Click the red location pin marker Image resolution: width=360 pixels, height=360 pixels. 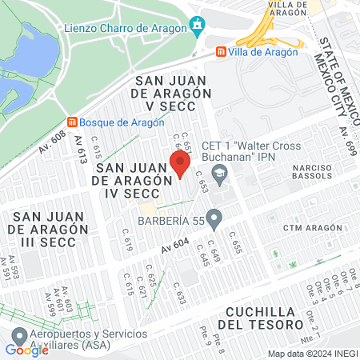point(180,166)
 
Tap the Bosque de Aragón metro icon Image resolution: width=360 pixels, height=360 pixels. point(73,122)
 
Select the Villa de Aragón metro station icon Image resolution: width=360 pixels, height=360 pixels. point(220,52)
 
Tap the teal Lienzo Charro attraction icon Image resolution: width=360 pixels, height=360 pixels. point(197,26)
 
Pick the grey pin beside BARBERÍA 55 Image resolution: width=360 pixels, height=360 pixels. point(214,218)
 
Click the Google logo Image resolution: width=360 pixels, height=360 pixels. point(26,350)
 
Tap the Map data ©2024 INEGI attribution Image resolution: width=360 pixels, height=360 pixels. point(312,354)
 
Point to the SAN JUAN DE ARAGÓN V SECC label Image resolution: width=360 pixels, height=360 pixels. point(171,94)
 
